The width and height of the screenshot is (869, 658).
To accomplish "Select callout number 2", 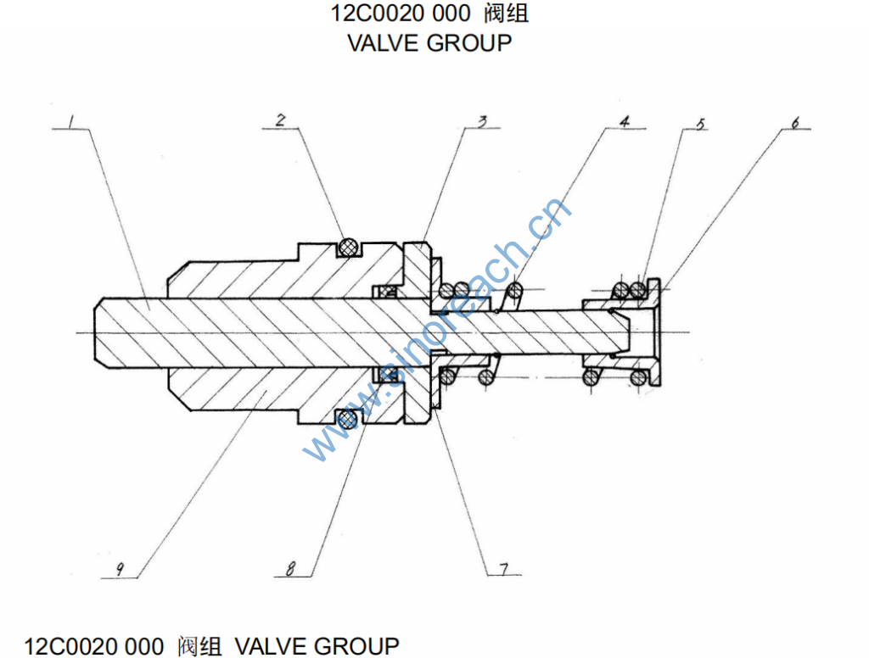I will [280, 120].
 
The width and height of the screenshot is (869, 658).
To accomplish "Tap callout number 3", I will [481, 121].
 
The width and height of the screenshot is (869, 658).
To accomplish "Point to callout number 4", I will [624, 121].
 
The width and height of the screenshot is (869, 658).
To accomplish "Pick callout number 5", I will [700, 123].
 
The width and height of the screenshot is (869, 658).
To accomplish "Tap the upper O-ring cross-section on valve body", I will [346, 246].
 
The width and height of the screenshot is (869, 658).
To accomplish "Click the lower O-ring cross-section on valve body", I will [346, 418].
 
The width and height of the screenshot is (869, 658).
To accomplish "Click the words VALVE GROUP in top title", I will [429, 42].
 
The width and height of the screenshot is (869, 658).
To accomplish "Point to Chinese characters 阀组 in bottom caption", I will [199, 646].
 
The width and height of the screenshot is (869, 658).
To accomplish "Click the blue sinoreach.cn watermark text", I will [437, 331].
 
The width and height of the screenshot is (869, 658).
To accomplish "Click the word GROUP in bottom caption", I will [356, 646].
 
